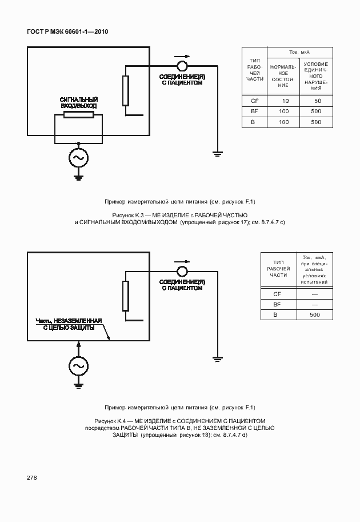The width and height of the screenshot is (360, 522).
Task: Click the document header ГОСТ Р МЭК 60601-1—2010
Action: (x=67, y=31)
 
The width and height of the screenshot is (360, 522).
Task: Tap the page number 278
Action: (x=31, y=477)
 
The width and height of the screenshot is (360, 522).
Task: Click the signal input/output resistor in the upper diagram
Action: (x=78, y=115)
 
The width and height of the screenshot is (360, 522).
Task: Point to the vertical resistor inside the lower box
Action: (x=126, y=296)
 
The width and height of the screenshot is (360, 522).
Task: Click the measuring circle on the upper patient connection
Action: (x=182, y=66)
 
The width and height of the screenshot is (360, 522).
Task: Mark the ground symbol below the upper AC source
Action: (x=78, y=177)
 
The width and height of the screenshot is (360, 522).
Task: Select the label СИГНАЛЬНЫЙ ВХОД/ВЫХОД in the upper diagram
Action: (x=79, y=103)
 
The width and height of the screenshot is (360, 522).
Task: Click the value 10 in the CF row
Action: (x=285, y=101)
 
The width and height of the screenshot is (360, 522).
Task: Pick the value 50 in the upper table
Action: (x=317, y=101)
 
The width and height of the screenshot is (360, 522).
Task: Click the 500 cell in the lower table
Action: (x=314, y=315)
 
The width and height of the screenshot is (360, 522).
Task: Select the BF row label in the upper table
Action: (x=254, y=111)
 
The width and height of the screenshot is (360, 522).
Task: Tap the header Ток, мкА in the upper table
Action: (x=301, y=52)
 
